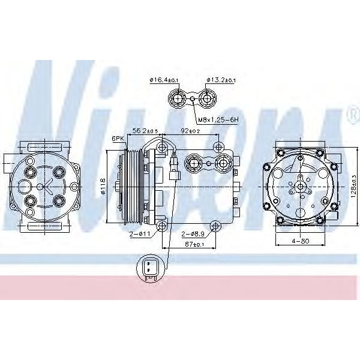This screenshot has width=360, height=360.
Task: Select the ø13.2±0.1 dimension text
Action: pos(221,80)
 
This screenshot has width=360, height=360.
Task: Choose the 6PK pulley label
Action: pos(118,139)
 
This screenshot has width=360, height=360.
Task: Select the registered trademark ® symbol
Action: pos(350,113)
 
